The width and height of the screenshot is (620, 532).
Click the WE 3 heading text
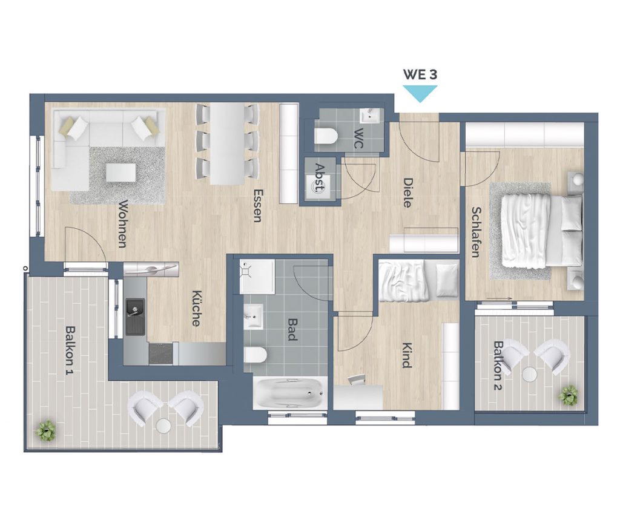tap(420, 74)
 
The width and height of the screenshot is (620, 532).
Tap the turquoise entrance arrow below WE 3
tap(420, 93)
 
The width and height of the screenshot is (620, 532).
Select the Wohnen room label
tap(123, 224)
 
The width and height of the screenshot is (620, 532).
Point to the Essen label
tap(258, 206)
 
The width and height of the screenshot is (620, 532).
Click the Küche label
tap(197, 309)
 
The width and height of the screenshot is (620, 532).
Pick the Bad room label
tap(292, 330)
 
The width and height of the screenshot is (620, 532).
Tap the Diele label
tap(407, 193)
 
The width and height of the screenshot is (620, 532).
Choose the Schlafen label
tap(476, 232)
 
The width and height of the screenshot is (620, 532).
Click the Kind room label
tap(406, 355)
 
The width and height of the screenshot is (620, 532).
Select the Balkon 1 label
tap(70, 350)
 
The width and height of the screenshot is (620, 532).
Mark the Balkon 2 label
tap(498, 366)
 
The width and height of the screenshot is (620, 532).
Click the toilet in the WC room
tap(326, 136)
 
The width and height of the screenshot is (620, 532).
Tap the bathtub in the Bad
tap(290, 393)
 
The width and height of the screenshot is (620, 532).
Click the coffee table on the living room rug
tap(121, 172)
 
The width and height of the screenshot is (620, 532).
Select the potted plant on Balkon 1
tap(45, 431)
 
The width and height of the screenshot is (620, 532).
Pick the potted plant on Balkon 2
tap(568, 395)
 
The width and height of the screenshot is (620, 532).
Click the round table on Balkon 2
tap(529, 374)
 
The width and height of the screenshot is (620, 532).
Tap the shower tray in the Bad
tap(257, 277)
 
